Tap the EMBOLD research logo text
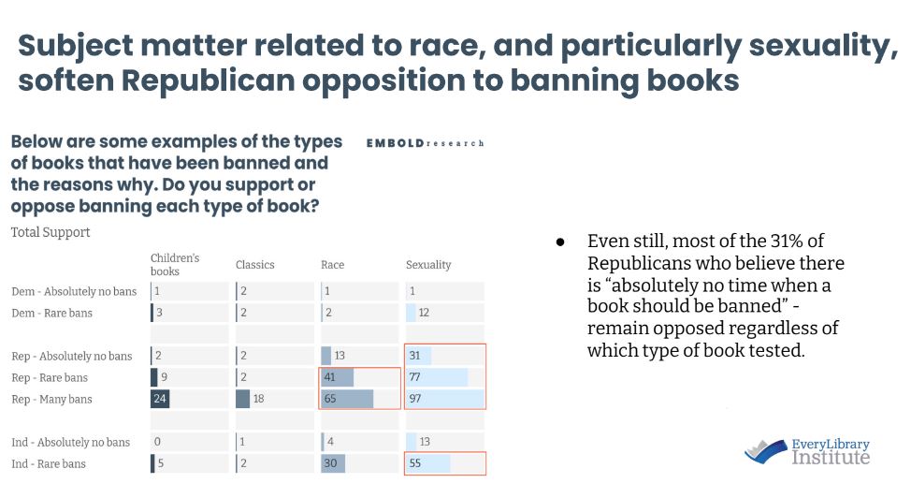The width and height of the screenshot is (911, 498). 427,143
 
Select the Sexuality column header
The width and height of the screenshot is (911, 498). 428,265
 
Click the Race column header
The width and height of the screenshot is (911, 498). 332,265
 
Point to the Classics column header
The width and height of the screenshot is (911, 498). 254,265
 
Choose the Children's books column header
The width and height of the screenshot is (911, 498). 175,264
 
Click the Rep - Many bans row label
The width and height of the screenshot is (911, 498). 52,400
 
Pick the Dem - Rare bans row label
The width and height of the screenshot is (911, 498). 51,313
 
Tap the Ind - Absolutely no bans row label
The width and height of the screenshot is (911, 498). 71,442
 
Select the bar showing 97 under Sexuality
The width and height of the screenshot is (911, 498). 445,400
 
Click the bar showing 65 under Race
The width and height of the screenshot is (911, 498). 347,400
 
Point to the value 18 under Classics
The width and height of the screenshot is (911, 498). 260,400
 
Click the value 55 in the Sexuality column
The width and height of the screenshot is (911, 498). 415,463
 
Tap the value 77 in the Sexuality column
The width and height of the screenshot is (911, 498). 415,377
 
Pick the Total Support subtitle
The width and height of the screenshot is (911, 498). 51,231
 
